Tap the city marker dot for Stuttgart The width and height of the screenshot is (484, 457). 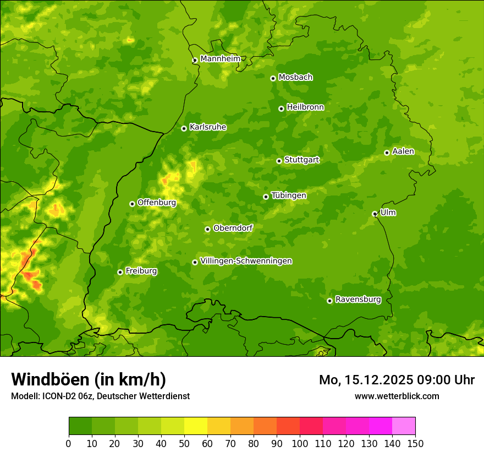pos(279,161)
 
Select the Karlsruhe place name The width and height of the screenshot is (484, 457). pos(208,127)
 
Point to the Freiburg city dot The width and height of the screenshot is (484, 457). pos(120,272)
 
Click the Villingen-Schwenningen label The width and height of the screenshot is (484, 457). pos(246,261)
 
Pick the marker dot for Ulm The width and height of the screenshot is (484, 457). pos(375,214)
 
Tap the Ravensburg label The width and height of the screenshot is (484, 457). pos(358,300)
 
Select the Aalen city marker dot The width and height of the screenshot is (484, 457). pos(387,153)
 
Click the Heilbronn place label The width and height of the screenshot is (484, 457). pos(305,107)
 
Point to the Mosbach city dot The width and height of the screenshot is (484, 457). pos(273,78)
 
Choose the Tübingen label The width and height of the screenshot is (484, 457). pos(289,195)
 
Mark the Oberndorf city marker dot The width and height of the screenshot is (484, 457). pos(207,229)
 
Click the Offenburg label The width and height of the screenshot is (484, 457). pos(157,203)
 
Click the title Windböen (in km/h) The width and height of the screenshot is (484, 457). pos(89,379)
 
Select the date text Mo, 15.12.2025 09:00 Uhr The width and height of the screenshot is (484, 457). pos(397,380)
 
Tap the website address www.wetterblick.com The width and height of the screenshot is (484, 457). pos(397,396)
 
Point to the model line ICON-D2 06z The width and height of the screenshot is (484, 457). pos(100,396)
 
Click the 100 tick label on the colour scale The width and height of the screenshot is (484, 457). pos(300,444)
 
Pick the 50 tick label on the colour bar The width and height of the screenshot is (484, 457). pos(184,444)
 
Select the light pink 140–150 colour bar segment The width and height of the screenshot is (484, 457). pos(404,426)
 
